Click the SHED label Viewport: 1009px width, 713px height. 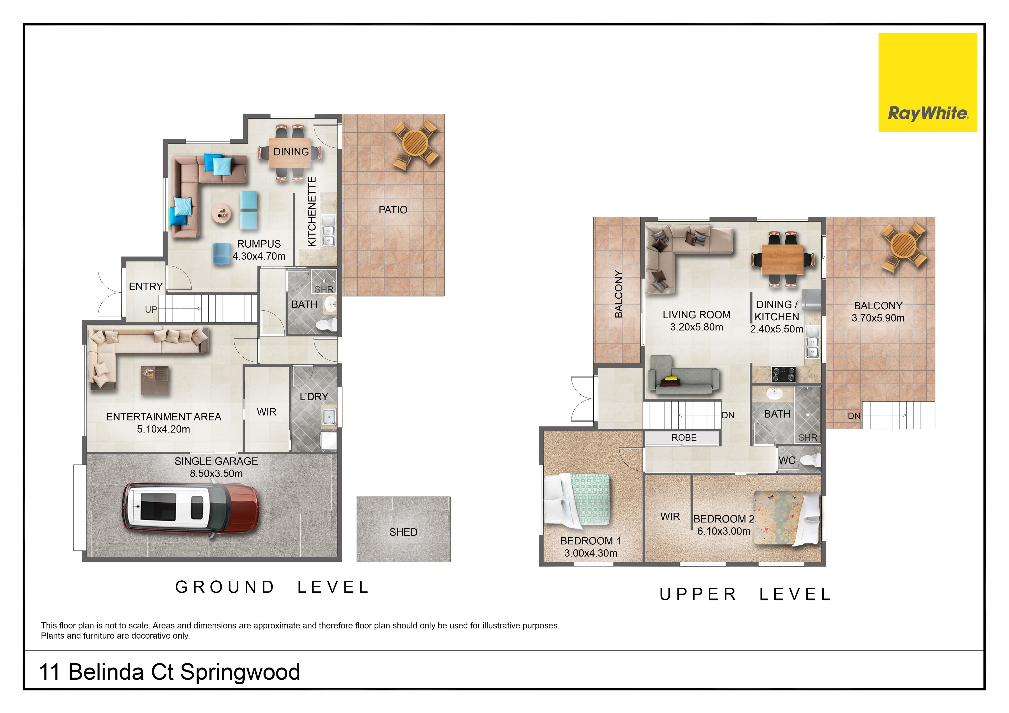(403, 532)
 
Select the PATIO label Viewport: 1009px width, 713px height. (393, 210)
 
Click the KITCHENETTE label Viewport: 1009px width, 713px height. (312, 211)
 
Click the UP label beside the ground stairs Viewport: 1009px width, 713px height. (151, 310)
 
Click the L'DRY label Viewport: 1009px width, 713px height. (314, 397)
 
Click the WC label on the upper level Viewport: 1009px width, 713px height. (787, 460)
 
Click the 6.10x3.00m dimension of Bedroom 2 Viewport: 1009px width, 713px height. (724, 531)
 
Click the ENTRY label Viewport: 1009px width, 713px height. (146, 287)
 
